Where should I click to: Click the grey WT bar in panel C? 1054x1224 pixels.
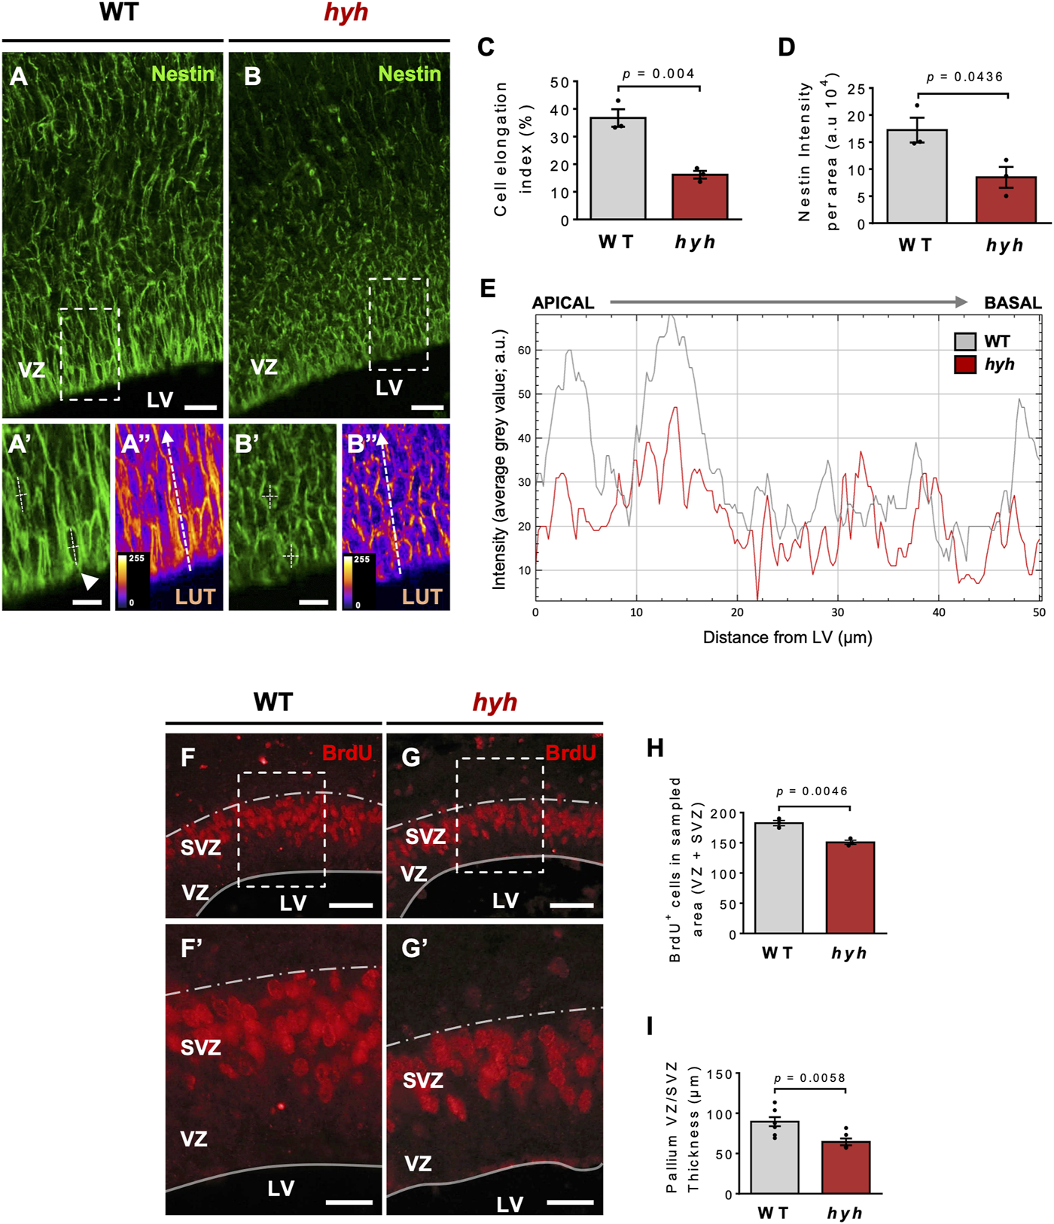point(617,169)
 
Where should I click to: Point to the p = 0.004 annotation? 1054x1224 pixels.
point(659,74)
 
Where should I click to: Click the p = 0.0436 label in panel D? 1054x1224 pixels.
point(964,77)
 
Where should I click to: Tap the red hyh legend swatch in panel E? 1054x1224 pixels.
point(965,365)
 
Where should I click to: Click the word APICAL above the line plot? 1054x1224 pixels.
point(563,303)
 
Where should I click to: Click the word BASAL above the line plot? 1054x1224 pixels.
point(1013,303)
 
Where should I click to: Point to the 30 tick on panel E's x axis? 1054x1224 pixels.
point(838,612)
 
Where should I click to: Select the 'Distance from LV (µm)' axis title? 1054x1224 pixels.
point(787,638)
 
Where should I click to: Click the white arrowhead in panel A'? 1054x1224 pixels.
point(90,581)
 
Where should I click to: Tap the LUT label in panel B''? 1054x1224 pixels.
point(422,597)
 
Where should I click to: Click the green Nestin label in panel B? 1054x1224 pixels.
point(409,74)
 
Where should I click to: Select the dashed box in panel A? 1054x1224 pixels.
point(90,354)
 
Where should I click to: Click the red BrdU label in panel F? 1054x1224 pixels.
point(346,752)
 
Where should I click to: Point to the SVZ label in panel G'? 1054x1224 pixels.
point(422,1081)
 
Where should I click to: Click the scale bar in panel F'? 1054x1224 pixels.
point(349,1202)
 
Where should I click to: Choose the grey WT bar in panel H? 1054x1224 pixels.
point(779,879)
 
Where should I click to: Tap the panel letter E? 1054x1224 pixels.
point(488,289)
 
